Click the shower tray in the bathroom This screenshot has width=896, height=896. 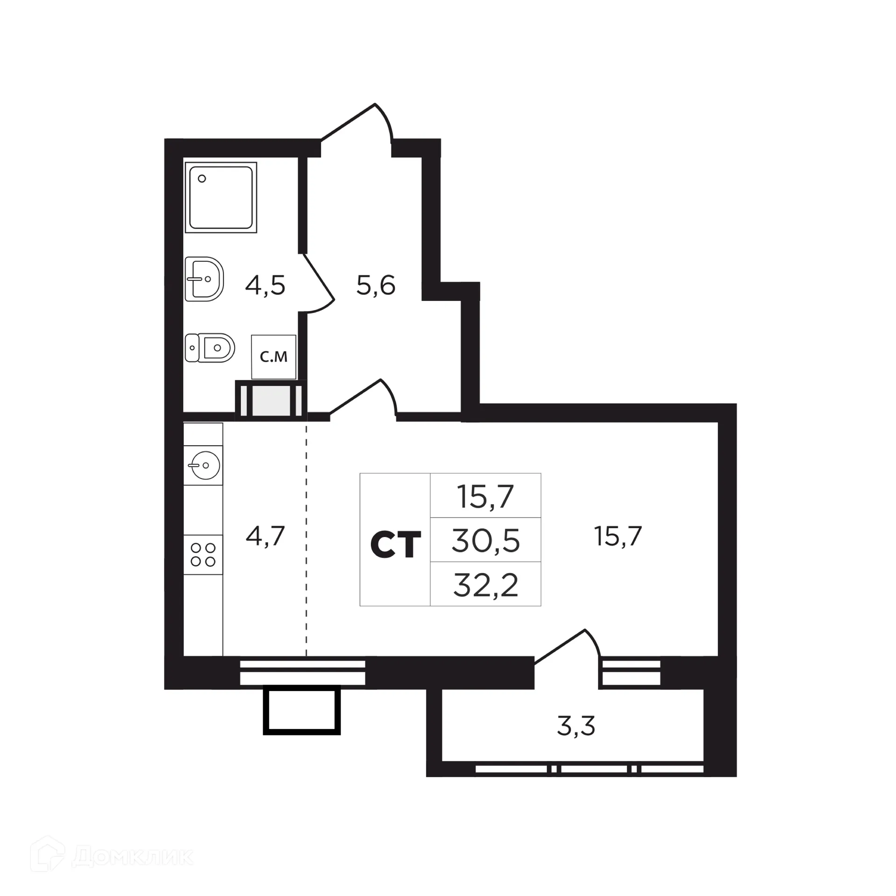tap(221, 197)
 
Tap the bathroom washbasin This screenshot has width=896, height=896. tap(204, 279)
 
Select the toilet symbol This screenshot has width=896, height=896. tap(210, 348)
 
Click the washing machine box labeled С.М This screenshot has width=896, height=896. tap(273, 357)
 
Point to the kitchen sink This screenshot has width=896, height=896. tap(203, 465)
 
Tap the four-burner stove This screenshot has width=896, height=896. tap(203, 554)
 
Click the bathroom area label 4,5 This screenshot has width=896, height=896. tap(265, 286)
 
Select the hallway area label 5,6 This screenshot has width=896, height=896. tap(376, 285)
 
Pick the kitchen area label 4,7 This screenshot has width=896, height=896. tap(265, 536)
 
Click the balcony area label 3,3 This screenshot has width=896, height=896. tap(576, 726)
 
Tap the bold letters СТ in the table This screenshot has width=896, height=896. tap(395, 545)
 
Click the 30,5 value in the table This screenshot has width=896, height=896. tap(485, 540)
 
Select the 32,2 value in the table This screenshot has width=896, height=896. tap(485, 585)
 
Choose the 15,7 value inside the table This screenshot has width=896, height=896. tap(485, 496)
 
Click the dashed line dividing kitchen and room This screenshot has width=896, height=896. tap(307, 537)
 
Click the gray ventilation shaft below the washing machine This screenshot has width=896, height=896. tap(271, 399)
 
